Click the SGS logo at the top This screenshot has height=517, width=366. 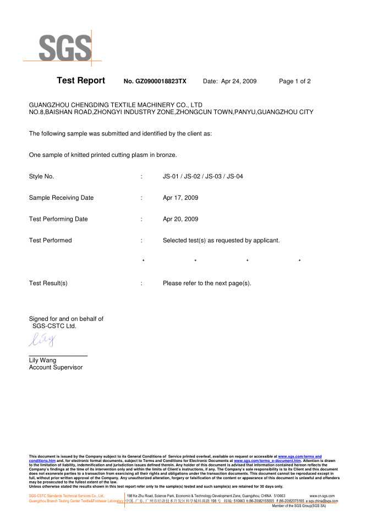[65, 47]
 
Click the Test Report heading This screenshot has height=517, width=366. [81, 81]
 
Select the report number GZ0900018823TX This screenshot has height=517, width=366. [155, 81]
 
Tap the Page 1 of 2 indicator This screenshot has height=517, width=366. [295, 81]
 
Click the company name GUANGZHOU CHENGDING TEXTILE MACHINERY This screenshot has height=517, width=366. [116, 105]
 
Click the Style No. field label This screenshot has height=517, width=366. [41, 177]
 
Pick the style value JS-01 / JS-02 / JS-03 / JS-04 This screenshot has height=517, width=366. [203, 177]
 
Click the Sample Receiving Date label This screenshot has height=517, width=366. [61, 198]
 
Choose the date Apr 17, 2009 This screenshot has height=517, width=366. [181, 198]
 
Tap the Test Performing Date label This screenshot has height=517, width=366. [58, 219]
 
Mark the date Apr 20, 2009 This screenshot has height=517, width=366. [181, 219]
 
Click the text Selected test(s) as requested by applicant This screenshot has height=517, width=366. [221, 241]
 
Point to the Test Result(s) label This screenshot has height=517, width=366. [48, 283]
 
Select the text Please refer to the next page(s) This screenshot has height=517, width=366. [207, 283]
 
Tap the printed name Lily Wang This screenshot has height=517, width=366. [43, 360]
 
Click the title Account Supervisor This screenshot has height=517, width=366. [56, 367]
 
